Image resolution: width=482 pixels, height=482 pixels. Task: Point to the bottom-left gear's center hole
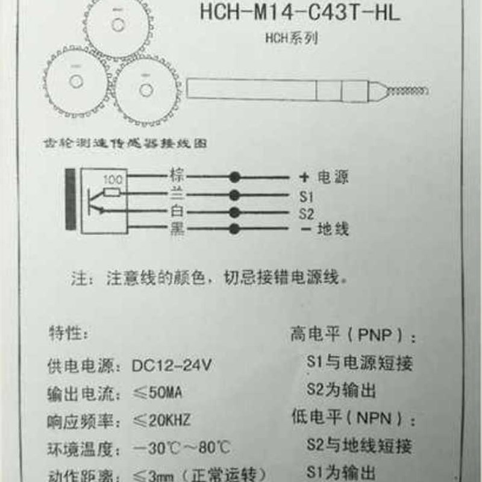tap(76, 81)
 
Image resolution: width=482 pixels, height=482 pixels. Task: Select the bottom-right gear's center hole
tap(145, 90)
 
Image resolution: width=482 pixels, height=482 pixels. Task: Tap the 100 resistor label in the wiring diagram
tap(113, 180)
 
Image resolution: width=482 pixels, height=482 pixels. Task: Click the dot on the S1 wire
tap(234, 195)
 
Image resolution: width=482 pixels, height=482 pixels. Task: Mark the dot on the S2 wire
tap(234, 212)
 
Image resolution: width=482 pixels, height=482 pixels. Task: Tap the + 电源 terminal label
tap(324, 178)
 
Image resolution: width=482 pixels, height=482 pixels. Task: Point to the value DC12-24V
tap(171, 366)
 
